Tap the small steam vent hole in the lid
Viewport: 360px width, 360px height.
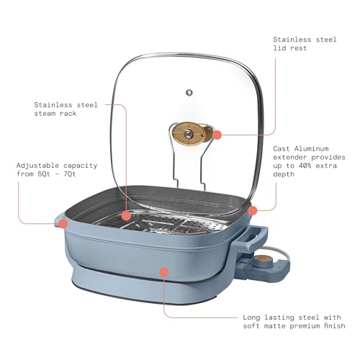189,93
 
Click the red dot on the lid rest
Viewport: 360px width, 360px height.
217,135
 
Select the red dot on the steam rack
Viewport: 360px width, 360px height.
126,216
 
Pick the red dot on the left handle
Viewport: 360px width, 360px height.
63,224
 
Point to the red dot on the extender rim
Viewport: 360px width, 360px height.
252,211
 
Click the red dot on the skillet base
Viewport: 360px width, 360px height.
164,272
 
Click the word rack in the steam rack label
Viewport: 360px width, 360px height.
68,113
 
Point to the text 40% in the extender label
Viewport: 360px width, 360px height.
305,166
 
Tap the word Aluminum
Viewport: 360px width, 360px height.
311,149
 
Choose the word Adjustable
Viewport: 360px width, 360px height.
38,166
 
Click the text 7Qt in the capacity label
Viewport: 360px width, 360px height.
70,174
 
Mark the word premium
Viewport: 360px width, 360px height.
305,326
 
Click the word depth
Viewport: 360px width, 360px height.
284,174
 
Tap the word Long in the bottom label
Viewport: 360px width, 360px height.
251,318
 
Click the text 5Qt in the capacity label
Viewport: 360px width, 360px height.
44,174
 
